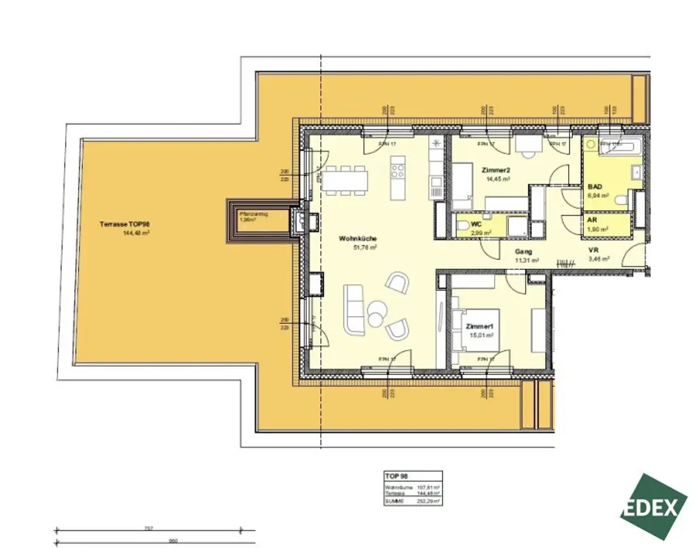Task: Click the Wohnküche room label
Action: click(x=358, y=239)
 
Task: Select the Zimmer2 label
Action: click(x=498, y=170)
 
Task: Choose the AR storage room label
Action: click(x=592, y=221)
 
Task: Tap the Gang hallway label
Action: click(x=523, y=251)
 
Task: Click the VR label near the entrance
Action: click(x=593, y=250)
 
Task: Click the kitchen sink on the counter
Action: click(x=436, y=184)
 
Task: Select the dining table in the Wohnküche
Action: click(x=345, y=179)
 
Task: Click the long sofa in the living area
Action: click(x=354, y=310)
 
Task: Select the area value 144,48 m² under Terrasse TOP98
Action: click(x=136, y=233)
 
